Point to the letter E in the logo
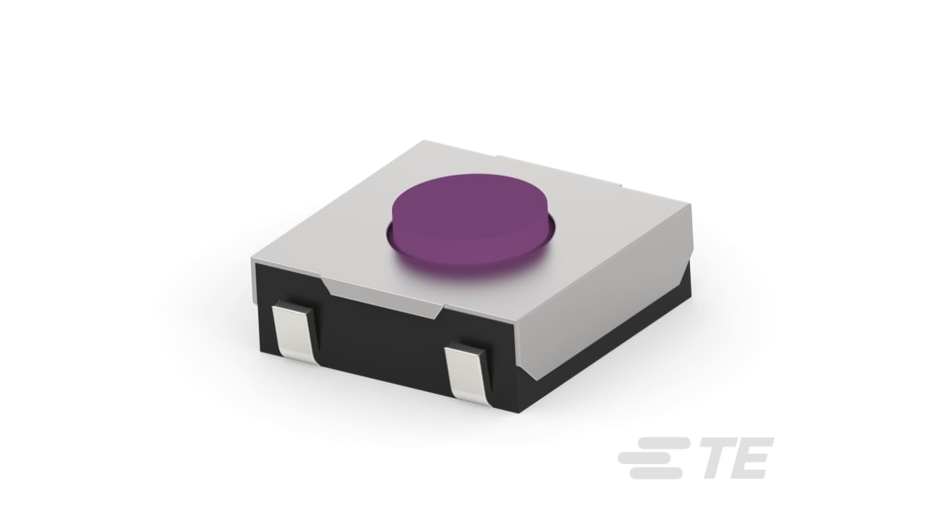756,458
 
